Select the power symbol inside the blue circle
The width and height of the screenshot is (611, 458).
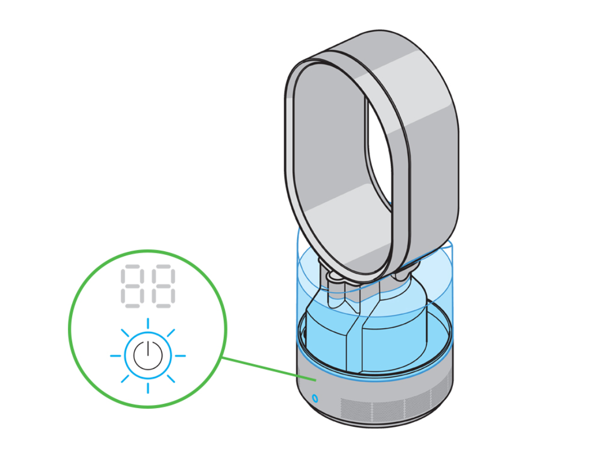point(147,355)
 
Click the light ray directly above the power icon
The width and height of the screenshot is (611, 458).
point(147,324)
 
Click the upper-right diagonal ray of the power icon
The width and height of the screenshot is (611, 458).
point(170,333)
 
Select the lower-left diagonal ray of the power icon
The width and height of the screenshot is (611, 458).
point(125,378)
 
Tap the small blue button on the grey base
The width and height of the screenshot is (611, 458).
point(315,397)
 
